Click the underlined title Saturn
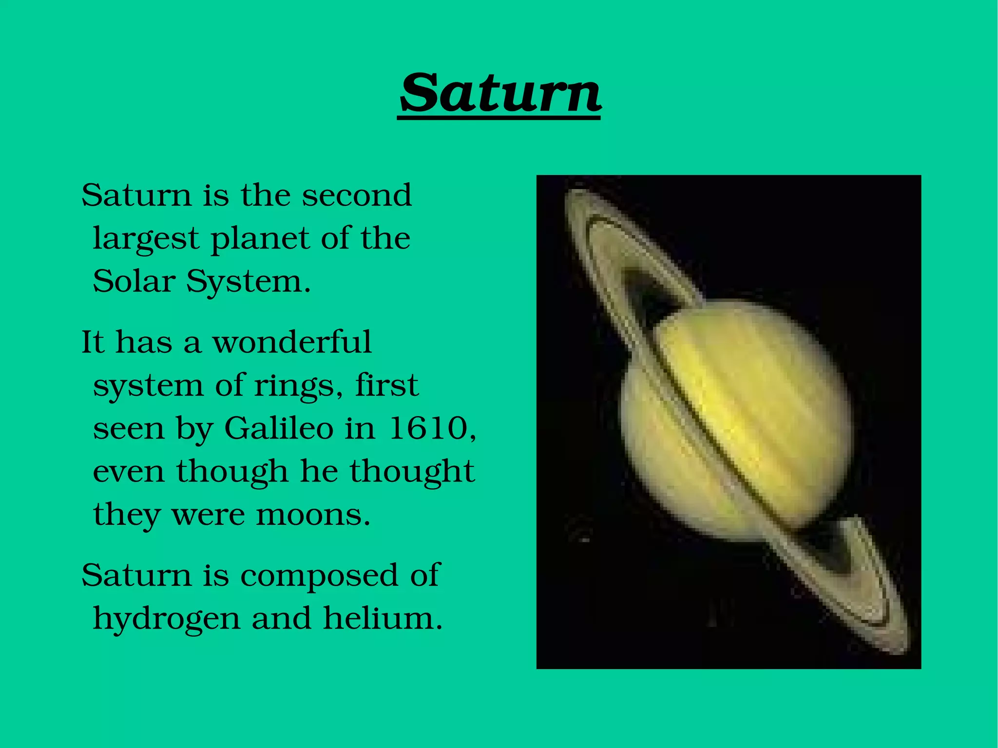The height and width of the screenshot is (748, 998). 499,93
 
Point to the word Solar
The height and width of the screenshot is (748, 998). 134,282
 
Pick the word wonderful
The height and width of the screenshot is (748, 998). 292,342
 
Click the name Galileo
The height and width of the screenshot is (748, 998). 279,429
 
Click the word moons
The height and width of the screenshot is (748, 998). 313,515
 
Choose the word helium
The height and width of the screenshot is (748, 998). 383,619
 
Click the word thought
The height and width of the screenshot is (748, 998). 412,472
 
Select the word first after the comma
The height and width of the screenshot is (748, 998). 386,385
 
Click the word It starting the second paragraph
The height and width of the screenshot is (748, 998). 93,342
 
